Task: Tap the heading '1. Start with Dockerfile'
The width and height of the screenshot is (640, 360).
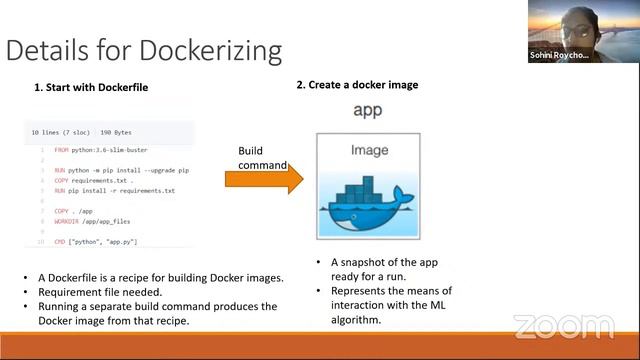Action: (x=91, y=88)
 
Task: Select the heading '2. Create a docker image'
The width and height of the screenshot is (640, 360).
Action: (x=357, y=85)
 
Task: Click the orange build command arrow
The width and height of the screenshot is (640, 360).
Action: (x=263, y=179)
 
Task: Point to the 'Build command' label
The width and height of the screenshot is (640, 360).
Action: (x=262, y=158)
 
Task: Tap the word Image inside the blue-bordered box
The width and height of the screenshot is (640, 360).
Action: (x=369, y=151)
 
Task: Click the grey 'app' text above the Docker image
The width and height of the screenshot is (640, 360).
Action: (x=369, y=109)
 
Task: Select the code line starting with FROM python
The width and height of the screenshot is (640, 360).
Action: (x=104, y=149)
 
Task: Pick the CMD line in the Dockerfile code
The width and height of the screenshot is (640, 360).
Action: (x=96, y=242)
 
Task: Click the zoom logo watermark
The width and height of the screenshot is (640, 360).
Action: (x=563, y=327)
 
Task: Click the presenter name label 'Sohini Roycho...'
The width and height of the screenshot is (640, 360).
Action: (x=559, y=56)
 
